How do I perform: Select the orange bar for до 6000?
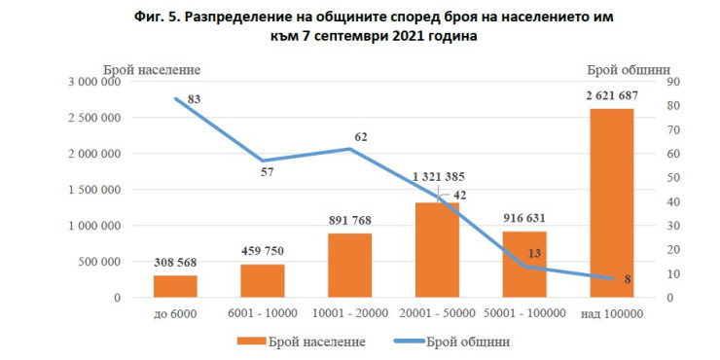pos(176,286)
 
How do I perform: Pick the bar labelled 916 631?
pos(524,264)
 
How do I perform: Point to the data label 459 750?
pos(263,250)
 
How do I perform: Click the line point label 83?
pos(194,99)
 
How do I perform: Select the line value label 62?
pos(360,137)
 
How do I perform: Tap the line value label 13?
pos(534,252)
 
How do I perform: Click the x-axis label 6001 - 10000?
pos(264,312)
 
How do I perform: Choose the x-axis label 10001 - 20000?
pos(350,312)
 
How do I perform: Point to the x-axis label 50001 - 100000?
pos(524,312)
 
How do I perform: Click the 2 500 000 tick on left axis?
pos(93,118)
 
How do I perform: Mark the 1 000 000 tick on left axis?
pos(93,226)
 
